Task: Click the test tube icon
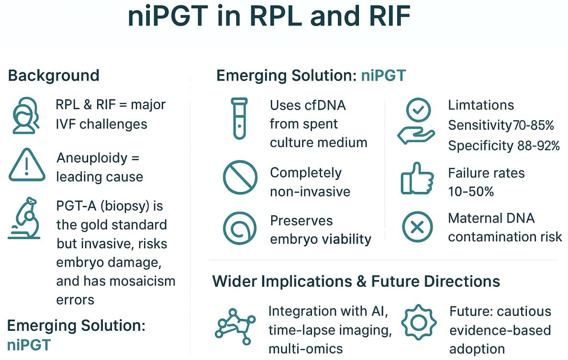239,118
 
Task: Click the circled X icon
417,227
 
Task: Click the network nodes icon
233,326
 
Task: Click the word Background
54,76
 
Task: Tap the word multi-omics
305,349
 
